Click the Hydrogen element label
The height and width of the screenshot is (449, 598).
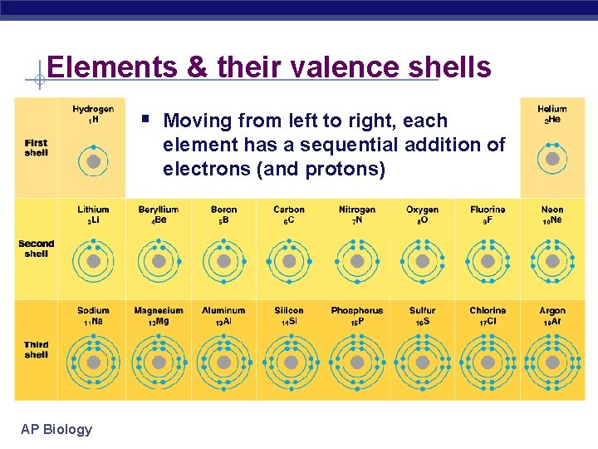click(x=93, y=110)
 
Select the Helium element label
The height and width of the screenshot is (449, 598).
click(x=551, y=110)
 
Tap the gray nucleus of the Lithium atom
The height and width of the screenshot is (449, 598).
click(x=93, y=261)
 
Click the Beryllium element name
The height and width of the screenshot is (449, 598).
click(x=159, y=210)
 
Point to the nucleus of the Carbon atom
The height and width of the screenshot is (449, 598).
click(x=289, y=261)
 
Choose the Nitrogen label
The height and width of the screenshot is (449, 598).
click(x=357, y=210)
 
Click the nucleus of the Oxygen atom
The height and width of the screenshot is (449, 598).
click(x=423, y=261)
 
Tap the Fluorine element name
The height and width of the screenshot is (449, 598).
click(x=488, y=210)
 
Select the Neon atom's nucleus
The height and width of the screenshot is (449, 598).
click(x=552, y=261)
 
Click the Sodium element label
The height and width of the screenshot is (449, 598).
click(x=93, y=311)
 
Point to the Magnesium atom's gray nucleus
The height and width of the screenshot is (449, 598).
click(x=159, y=363)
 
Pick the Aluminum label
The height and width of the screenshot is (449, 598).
click(x=223, y=311)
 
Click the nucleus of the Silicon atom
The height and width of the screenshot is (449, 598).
click(x=289, y=363)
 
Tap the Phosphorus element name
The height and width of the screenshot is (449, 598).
click(x=357, y=311)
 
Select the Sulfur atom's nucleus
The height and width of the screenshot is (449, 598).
click(x=423, y=363)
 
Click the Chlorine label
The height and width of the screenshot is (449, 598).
click(x=488, y=311)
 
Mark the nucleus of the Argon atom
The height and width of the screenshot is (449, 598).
click(x=552, y=363)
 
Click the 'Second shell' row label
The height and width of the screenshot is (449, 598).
click(x=36, y=249)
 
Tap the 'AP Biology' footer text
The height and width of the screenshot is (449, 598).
click(x=56, y=429)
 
